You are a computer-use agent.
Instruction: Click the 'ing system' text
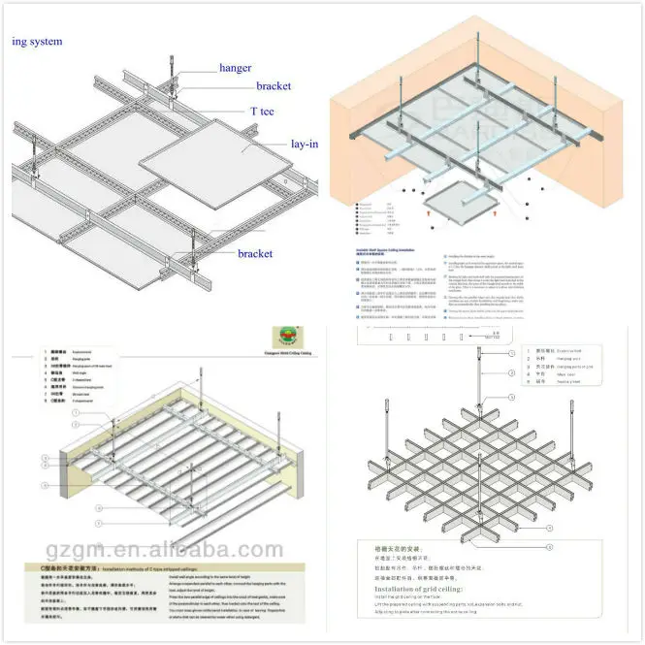pyautogui.click(x=37, y=42)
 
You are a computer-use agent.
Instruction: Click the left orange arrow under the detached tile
pyautogui.click(x=431, y=208)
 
